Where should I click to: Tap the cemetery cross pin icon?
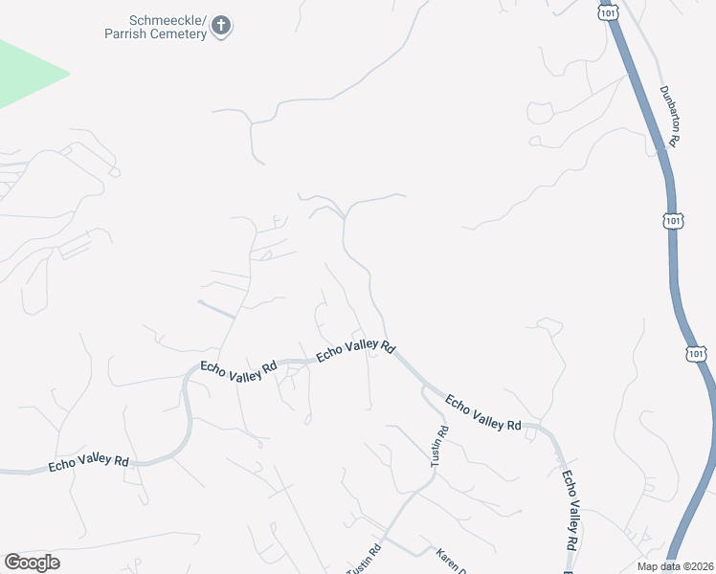221,26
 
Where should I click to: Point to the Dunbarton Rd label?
668,116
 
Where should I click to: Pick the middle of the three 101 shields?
674,221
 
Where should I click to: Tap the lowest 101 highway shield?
696,353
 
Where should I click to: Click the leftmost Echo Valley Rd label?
88,463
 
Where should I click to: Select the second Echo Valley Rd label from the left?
238,371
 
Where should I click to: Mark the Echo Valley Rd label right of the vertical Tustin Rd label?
483,410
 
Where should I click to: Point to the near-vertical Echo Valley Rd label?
571,508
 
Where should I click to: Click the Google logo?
33,563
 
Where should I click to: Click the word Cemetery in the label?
176,34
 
